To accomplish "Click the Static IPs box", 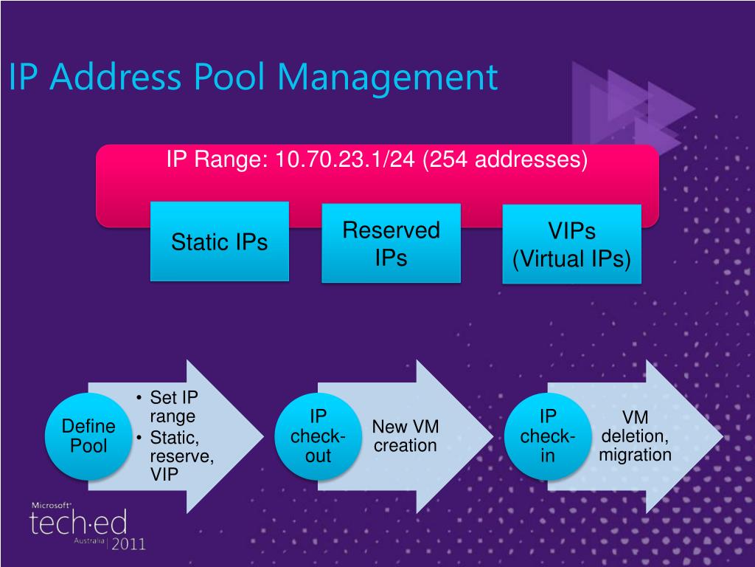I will (219, 241).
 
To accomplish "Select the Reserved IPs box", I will (391, 243).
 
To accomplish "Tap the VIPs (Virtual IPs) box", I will (571, 245).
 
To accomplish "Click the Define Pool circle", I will (88, 436).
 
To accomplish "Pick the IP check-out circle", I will (318, 436).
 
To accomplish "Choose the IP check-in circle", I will (547, 436).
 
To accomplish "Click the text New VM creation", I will (405, 436).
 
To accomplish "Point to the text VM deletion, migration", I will (635, 436).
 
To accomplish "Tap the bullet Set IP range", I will (173, 406).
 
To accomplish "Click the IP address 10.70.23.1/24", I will (346, 159).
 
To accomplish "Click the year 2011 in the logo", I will (128, 544).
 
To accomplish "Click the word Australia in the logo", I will (88, 540).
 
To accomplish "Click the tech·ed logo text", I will (78, 523).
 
